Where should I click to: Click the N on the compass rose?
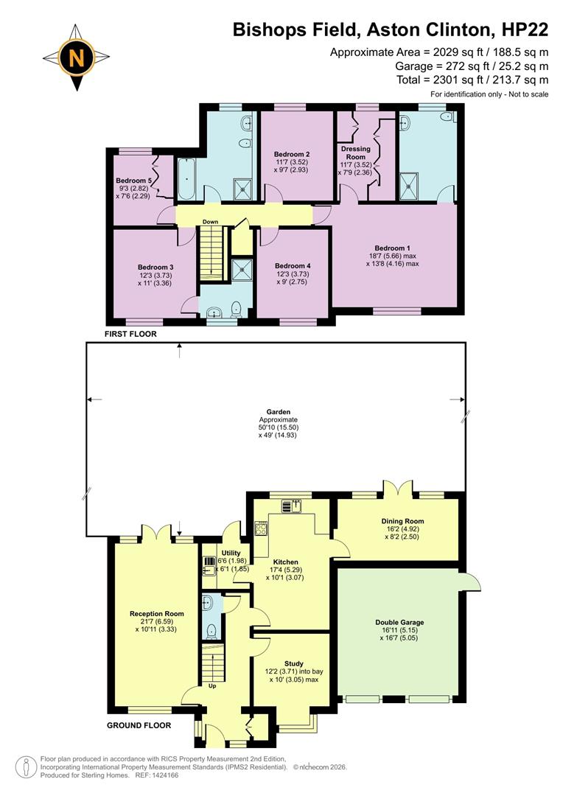[x=77, y=57]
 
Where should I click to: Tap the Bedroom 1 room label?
[x=391, y=248]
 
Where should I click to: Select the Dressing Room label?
[x=355, y=153]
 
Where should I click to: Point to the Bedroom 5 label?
[x=134, y=180]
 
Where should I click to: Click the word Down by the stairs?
[x=211, y=221]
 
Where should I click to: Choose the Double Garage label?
[x=399, y=622]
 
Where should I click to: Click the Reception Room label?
[x=156, y=613]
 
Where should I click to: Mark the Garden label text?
[x=278, y=412]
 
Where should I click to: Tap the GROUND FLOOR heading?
[x=139, y=725]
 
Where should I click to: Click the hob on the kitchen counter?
[x=261, y=528]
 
